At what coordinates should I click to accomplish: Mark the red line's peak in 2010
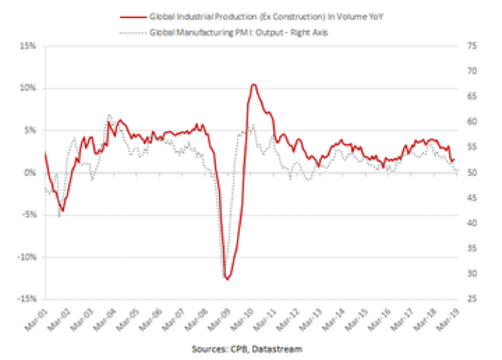pos(253,84)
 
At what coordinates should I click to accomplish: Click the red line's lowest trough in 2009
pos(228,279)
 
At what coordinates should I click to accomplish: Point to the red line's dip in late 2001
pos(63,211)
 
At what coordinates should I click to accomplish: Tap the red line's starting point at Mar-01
pos(45,153)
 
